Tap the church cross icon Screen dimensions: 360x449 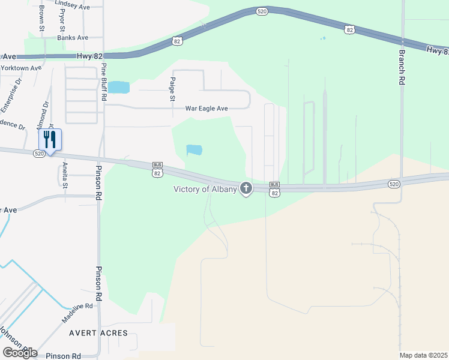tap(246, 189)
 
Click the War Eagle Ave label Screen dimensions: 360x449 tap(206, 109)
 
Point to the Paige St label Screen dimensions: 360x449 tap(172, 88)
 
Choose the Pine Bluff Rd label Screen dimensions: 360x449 tap(104, 81)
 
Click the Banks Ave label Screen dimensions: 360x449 tap(73, 37)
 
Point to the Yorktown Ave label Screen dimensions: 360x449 tap(21, 67)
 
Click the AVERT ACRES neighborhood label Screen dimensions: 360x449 tap(98, 333)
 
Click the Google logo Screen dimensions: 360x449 tap(19, 353)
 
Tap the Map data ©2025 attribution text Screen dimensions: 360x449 tap(424, 355)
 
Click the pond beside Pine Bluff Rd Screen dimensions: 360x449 tap(118, 87)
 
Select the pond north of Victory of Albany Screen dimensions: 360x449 tap(194, 149)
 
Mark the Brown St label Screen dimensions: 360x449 tap(42, 19)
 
